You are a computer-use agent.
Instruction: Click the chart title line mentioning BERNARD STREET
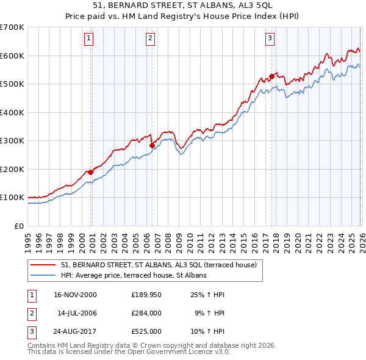tap(183, 5)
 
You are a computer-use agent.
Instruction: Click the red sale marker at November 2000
tap(91, 172)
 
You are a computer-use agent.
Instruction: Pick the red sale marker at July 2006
tap(152, 145)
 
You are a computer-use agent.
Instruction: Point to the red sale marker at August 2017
tap(271, 77)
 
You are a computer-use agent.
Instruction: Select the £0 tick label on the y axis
tap(19, 226)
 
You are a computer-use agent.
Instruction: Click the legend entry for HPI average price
tap(134, 275)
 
